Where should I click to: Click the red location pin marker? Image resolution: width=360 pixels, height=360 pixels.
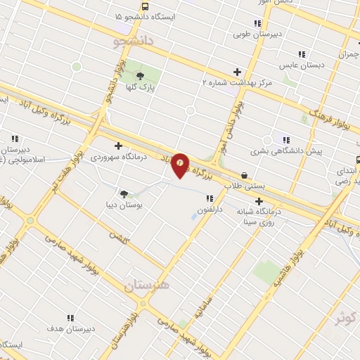[181, 165]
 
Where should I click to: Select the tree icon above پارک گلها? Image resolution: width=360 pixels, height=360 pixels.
[141, 76]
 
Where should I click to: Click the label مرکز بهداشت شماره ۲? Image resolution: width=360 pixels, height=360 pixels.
[237, 82]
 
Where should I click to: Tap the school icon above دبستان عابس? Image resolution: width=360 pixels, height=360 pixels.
[301, 54]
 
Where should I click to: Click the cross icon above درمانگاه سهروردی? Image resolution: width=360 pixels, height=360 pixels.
[118, 146]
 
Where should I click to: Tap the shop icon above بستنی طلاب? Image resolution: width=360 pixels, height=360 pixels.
[244, 176]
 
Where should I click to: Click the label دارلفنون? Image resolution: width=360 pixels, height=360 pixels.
[210, 209]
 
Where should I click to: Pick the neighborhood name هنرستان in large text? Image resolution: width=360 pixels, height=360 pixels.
[146, 285]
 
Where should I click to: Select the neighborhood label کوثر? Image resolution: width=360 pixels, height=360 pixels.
[346, 318]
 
